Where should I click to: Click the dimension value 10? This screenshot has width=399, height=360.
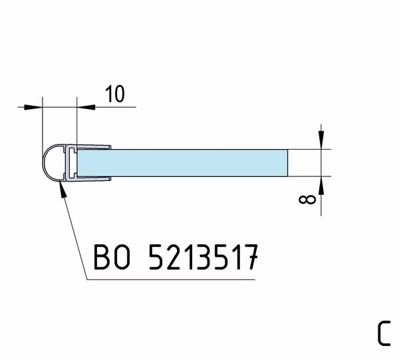point(115,94)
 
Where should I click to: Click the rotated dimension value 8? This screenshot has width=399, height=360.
point(307,200)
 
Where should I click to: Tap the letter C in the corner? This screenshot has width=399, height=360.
point(384,333)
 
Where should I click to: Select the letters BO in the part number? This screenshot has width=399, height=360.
point(112,257)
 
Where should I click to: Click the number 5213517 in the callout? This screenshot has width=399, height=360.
point(203,257)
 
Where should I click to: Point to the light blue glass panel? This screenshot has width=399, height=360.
point(182,162)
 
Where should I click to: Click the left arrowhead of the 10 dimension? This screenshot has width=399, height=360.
point(33,107)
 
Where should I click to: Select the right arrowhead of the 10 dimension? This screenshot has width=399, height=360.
point(86,107)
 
